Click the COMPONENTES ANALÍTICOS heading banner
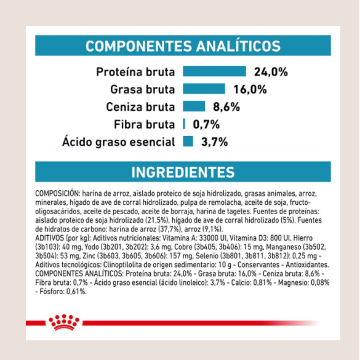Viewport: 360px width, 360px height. pos(183,46)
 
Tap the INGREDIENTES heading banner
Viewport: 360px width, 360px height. pos(183,172)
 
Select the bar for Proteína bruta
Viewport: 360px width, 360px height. pos(214,71)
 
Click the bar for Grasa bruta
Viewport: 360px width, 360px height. pos(204,89)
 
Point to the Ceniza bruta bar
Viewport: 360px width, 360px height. pos(194,106)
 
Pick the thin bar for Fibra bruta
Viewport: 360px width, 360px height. pos(184,124)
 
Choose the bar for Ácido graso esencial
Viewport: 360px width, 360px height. pos(188,141)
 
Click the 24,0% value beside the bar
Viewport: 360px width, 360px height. pos(271,72)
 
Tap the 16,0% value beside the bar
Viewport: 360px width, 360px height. pos(250,89)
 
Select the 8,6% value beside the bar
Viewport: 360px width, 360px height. pos(226,107)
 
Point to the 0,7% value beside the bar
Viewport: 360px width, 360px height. pos(206,124)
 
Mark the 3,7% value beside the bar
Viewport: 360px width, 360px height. pos(214,142)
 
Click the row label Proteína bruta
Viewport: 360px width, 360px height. pos(135,72)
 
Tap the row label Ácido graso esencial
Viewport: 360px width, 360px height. pos(119,142)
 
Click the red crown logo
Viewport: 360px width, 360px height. pos(64,322)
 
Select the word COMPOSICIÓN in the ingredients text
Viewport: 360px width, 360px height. pos(57,194)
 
